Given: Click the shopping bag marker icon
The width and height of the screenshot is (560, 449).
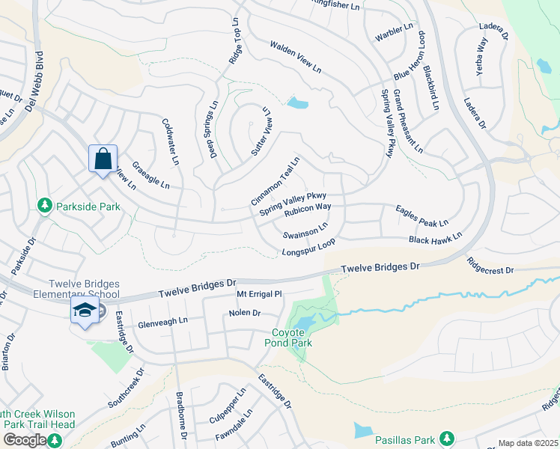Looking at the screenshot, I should pyautogui.click(x=103, y=158).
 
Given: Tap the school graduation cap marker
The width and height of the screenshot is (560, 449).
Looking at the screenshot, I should pyautogui.click(x=85, y=311).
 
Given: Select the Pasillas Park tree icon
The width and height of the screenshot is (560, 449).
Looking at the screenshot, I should pyautogui.click(x=447, y=437).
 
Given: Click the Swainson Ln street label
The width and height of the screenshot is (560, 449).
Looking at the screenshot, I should pyautogui.click(x=305, y=230).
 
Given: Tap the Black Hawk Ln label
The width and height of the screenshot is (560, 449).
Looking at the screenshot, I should pyautogui.click(x=435, y=238).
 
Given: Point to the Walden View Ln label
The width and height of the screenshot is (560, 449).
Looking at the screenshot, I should pyautogui.click(x=295, y=57).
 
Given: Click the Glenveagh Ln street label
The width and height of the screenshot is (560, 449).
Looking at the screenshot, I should pyautogui.click(x=162, y=324).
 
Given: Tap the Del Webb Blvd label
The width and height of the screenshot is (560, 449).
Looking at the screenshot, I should pyautogui.click(x=30, y=82).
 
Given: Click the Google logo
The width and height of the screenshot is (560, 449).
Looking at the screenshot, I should pyautogui.click(x=24, y=439).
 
